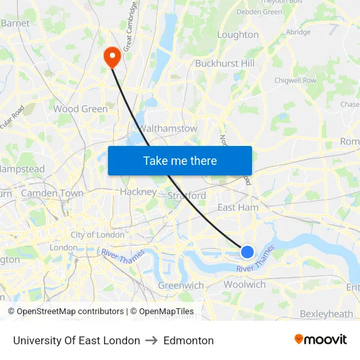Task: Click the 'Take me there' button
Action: point(180,160)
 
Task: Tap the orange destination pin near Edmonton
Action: point(112,57)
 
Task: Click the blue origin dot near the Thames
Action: point(247,251)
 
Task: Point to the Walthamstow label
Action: point(168,128)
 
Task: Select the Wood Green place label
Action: point(81,109)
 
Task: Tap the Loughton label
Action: point(238,35)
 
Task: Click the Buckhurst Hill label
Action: point(225,63)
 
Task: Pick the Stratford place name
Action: point(187,196)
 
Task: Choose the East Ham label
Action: point(238,207)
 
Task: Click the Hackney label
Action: point(138,192)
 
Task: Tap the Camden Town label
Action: point(52,193)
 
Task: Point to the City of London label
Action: point(98,234)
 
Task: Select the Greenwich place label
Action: point(181,285)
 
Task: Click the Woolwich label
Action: point(245,285)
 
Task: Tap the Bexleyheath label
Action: point(326,314)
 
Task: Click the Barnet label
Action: point(15,23)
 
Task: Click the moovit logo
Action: point(321,340)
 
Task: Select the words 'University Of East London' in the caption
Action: point(77,340)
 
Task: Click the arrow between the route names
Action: point(152,340)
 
